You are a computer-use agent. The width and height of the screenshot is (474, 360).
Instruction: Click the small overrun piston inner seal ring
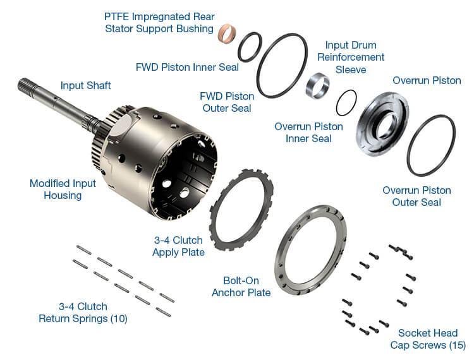point(346,102)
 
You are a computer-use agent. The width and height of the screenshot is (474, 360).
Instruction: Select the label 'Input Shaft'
point(85,85)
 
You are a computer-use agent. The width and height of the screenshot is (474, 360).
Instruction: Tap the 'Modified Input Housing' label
point(63,189)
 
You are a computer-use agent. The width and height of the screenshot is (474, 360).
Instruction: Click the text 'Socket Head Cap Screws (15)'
point(428,339)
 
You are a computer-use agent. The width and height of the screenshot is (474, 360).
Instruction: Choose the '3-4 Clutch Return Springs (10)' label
point(83,312)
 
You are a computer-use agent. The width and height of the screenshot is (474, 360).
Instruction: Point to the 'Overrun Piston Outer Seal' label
point(416,196)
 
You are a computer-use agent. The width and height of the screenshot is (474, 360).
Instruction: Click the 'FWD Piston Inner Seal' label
point(187,67)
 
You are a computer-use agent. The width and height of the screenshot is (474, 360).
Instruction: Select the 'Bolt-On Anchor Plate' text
point(241,286)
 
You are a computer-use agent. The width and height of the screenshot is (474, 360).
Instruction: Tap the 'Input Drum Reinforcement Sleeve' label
point(351,57)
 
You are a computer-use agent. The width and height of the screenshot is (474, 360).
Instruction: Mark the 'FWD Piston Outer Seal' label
point(226,102)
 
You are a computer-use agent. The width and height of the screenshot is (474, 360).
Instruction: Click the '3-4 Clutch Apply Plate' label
point(178,246)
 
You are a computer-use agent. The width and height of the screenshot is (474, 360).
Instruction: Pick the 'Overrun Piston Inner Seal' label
point(308,133)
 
